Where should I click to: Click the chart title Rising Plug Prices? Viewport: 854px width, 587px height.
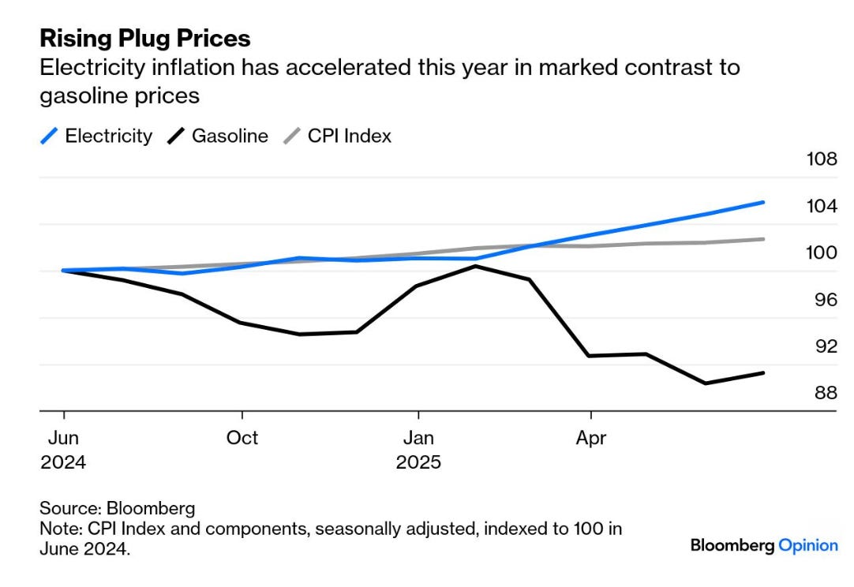[145, 39]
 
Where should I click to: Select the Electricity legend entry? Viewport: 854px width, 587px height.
[97, 136]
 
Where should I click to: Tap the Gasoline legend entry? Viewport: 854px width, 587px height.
[218, 136]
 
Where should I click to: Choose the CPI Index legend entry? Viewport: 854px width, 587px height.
[338, 136]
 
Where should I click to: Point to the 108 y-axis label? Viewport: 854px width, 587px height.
[822, 159]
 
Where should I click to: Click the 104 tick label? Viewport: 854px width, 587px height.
[822, 206]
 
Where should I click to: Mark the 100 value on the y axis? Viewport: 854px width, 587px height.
[822, 252]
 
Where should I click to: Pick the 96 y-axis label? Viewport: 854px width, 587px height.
[826, 300]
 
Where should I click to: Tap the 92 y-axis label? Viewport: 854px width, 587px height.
[826, 346]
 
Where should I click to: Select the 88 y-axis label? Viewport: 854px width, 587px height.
[826, 393]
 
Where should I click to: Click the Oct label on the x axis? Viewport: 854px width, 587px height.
[242, 438]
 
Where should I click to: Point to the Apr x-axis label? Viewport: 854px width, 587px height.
[591, 438]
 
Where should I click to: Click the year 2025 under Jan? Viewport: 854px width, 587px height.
[418, 462]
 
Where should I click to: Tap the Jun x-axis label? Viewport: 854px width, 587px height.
[63, 438]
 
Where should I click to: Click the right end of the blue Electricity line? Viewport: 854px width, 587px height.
[763, 203]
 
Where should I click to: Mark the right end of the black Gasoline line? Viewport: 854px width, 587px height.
[763, 373]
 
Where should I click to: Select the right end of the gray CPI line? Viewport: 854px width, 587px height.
[763, 239]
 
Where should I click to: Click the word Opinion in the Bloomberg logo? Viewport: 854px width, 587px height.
[808, 546]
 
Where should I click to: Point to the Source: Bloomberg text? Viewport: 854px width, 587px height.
[117, 508]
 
